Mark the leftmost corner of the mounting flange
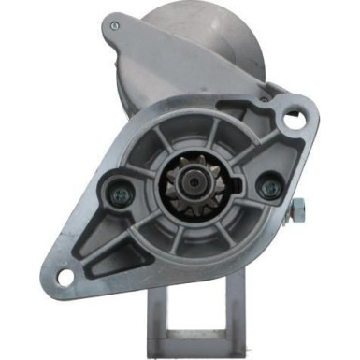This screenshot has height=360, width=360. pyautogui.click(x=44, y=271)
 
